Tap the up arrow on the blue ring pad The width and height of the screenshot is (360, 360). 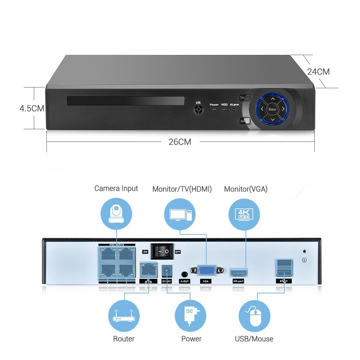pos(273,98)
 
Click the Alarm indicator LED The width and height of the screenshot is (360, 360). pos(234,108)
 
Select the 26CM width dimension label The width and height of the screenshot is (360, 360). pos(180,142)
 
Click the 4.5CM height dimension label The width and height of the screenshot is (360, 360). pos(32,108)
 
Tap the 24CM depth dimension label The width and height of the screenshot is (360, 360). pos(318,72)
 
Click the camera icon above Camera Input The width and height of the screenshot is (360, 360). pos(116,215)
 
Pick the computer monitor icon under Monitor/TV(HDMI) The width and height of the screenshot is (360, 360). pos(180,215)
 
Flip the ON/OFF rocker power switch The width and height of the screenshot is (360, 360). pos(162,252)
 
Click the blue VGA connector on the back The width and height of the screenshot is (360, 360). pos(206,271)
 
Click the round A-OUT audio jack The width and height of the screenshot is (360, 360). pos(185,274)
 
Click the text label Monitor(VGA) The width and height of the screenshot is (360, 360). pos(246,189)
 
